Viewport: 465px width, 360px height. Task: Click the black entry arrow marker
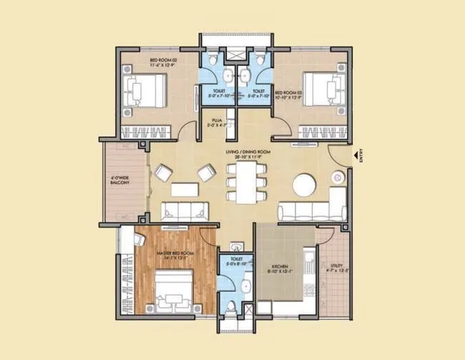click(355, 153)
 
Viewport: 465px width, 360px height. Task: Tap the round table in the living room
click(305, 185)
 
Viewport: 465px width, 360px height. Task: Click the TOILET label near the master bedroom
click(236, 262)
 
